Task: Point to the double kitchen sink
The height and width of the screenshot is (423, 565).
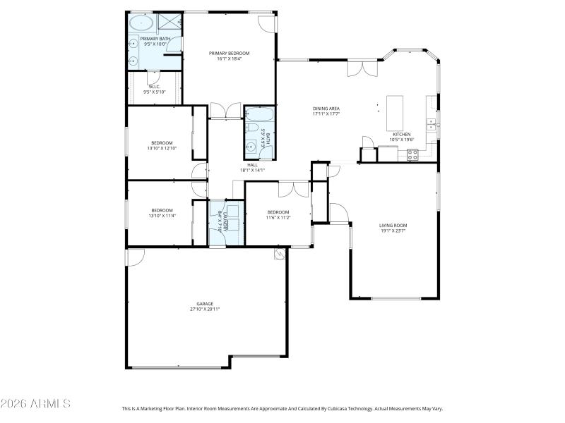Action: coord(430,125)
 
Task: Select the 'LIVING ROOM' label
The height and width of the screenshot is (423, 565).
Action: coord(393,225)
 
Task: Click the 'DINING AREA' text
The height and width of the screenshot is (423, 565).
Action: coord(326,109)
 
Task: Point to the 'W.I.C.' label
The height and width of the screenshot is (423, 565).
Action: coord(154,87)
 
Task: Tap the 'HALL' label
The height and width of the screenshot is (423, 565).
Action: coord(252,165)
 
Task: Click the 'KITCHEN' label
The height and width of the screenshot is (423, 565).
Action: coord(402,134)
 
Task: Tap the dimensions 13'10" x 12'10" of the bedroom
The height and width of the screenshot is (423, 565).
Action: coord(161,148)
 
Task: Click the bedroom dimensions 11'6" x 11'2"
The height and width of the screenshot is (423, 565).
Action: coord(278,217)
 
